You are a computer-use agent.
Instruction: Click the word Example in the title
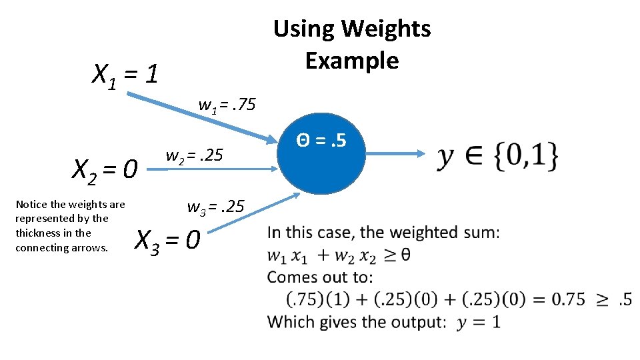pyautogui.click(x=352, y=61)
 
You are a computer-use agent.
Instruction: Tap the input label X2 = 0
pyautogui.click(x=105, y=170)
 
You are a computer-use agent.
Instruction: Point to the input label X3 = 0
pyautogui.click(x=167, y=239)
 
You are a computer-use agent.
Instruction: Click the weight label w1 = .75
pyautogui.click(x=227, y=105)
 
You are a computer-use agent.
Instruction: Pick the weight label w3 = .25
pyautogui.click(x=216, y=207)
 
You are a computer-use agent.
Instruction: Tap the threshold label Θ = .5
pyautogui.click(x=321, y=141)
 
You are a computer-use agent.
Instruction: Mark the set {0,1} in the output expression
pyautogui.click(x=526, y=157)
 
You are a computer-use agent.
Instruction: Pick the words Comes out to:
pyautogui.click(x=320, y=277)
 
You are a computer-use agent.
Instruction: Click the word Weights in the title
pyautogui.click(x=387, y=29)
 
